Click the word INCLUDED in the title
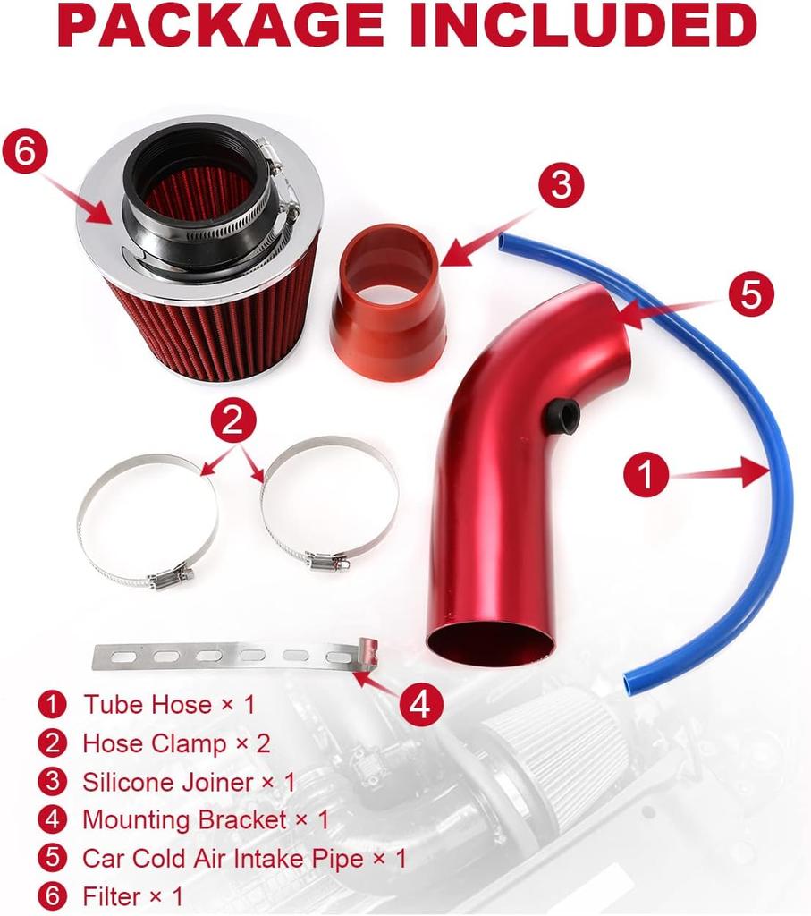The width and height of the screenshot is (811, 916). [x=585, y=26]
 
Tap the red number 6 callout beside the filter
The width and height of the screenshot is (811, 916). [x=24, y=152]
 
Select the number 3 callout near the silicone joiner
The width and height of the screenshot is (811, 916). [x=560, y=186]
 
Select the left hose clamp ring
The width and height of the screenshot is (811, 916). [x=148, y=519]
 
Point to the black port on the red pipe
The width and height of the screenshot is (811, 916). [x=563, y=414]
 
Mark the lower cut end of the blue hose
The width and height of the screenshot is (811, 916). [x=632, y=684]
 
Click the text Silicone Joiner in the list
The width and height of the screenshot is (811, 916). [x=170, y=781]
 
